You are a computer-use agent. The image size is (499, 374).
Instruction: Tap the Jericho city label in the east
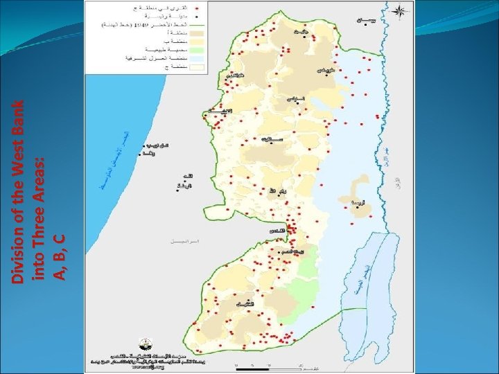(x=357, y=203)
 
